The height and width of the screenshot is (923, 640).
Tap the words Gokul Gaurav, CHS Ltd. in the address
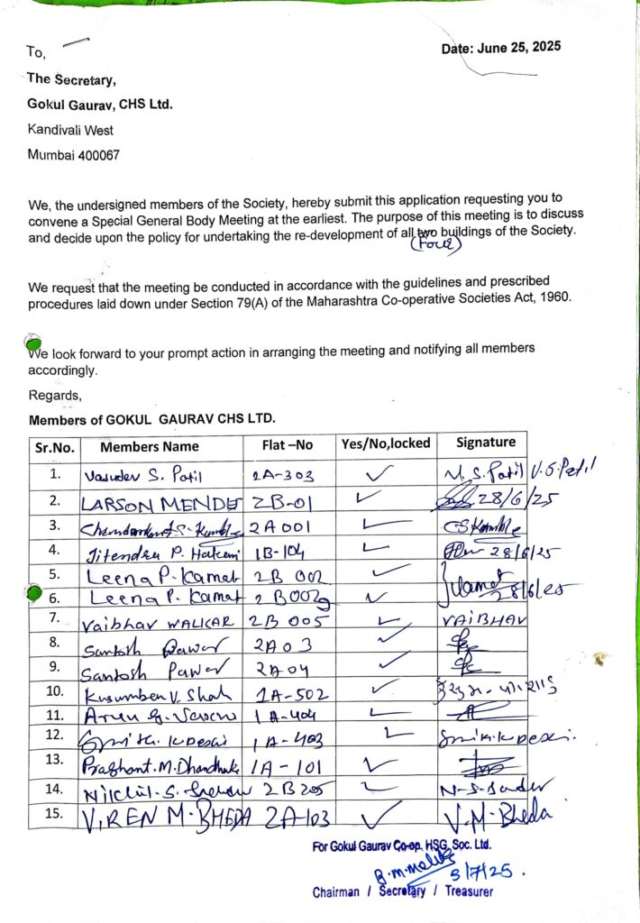coord(100,104)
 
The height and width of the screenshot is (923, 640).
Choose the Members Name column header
coord(150,446)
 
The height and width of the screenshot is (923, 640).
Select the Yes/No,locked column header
coord(386,443)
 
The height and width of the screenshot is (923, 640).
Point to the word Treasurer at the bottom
coord(465,891)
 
